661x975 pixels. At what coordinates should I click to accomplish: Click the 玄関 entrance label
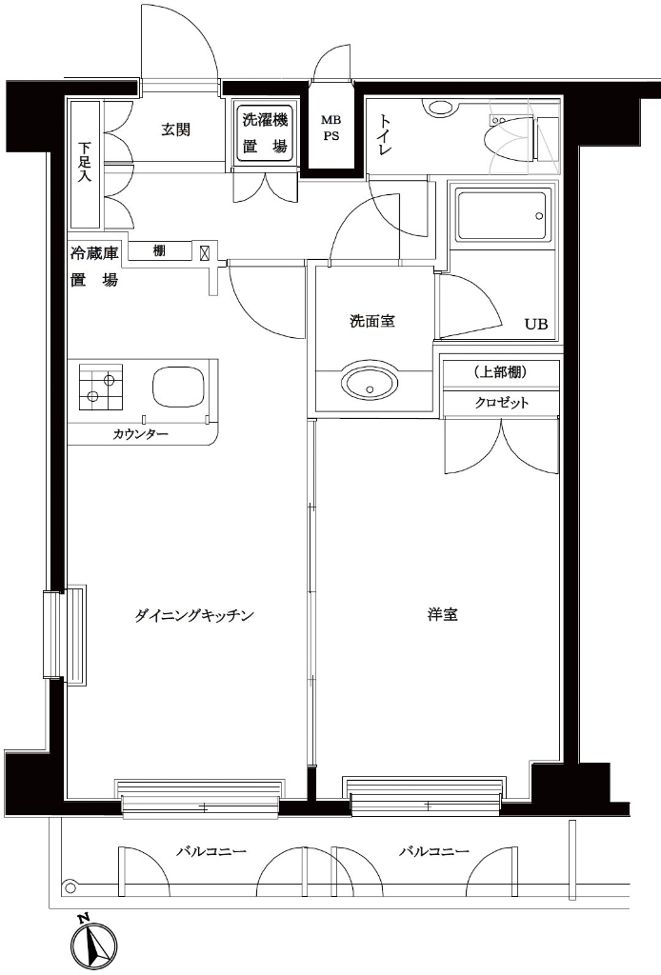click(175, 129)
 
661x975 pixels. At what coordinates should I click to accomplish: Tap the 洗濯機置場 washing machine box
click(264, 134)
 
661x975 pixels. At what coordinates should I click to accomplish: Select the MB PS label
click(330, 128)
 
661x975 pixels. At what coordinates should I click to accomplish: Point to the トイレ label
click(386, 134)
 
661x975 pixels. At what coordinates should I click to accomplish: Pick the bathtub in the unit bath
click(502, 217)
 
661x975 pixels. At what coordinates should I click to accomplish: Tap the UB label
click(536, 324)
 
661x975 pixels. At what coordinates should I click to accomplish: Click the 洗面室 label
click(371, 321)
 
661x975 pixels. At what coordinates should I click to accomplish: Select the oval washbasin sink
click(370, 386)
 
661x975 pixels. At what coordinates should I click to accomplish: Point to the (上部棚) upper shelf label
click(500, 371)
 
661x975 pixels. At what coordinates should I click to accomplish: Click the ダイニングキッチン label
click(193, 616)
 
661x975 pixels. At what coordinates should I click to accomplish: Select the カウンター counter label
click(140, 434)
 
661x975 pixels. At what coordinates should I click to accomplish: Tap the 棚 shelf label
click(159, 251)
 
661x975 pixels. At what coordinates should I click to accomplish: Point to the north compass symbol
click(94, 945)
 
